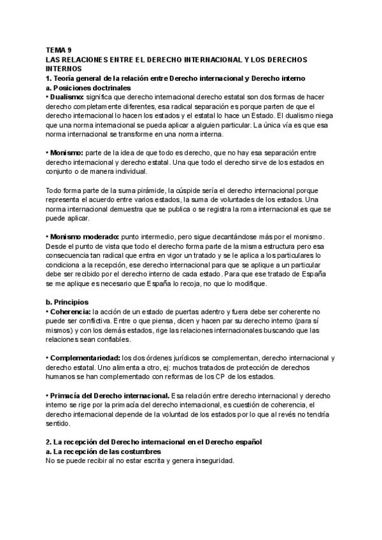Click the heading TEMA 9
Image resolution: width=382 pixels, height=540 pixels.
(x=59, y=49)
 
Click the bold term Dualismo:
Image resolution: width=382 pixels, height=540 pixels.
(x=66, y=97)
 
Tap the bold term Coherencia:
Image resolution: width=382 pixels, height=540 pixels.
(x=69, y=312)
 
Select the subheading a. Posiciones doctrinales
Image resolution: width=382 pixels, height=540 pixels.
(x=88, y=87)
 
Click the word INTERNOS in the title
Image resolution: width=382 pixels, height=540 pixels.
(x=64, y=67)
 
